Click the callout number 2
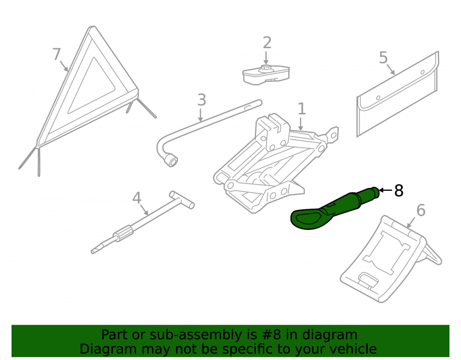[x=267, y=42]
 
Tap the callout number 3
[x=201, y=100]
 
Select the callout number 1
[x=302, y=109]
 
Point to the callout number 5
[x=384, y=57]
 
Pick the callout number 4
[x=137, y=198]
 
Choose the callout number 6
[x=421, y=210]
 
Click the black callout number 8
[x=399, y=191]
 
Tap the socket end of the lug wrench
[x=171, y=160]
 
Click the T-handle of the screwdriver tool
[x=182, y=200]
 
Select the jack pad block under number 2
[x=266, y=75]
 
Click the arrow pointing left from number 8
[x=385, y=190]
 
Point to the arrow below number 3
[x=201, y=115]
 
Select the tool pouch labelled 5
[x=397, y=94]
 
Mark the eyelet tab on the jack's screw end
[x=332, y=135]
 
